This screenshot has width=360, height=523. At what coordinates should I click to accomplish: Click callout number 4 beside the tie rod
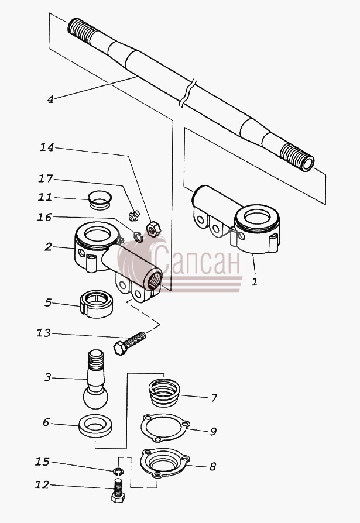[50, 99]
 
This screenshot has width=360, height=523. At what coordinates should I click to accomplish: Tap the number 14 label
[47, 147]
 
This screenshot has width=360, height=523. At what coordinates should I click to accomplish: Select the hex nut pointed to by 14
[153, 229]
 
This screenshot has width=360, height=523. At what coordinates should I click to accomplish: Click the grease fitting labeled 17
[133, 215]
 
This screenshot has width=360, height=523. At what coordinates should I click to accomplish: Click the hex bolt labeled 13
[129, 343]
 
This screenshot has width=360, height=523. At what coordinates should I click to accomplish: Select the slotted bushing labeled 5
[97, 304]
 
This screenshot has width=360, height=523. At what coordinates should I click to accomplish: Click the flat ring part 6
[95, 426]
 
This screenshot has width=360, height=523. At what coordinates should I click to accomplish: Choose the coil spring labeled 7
[164, 393]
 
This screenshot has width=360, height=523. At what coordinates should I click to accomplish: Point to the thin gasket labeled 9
[165, 428]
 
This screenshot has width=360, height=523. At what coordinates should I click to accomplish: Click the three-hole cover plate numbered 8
[165, 463]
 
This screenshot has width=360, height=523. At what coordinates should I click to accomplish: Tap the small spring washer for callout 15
[118, 471]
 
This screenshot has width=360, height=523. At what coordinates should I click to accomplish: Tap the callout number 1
[255, 282]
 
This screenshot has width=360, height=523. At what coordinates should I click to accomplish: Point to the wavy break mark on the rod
[187, 93]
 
